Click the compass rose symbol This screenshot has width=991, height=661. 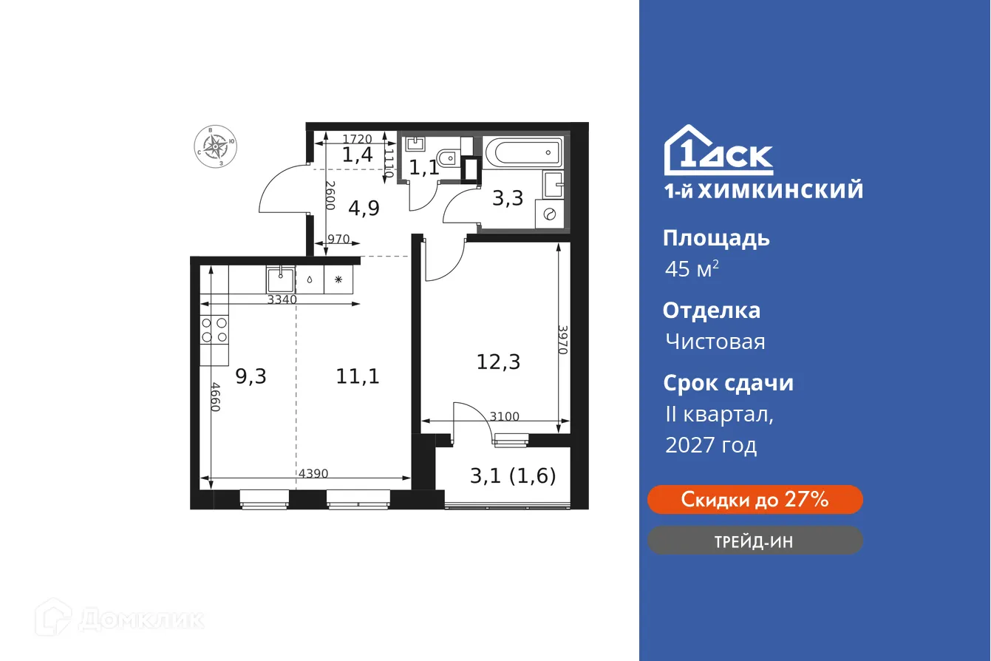click(x=216, y=146)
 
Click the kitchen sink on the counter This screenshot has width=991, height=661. click(x=281, y=279)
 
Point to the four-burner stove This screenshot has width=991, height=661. click(x=214, y=330)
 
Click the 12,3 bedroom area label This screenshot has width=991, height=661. click(x=499, y=362)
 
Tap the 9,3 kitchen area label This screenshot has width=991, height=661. click(x=251, y=376)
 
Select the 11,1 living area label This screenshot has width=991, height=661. click(x=358, y=376)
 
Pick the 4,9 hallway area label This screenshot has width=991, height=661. click(x=364, y=208)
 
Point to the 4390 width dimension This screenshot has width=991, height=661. click(x=313, y=472)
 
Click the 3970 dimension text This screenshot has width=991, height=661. click(x=563, y=340)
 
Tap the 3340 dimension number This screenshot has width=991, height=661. click(x=282, y=299)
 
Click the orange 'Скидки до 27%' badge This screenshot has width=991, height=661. click(x=755, y=500)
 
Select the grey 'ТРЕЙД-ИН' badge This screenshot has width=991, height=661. click(x=755, y=540)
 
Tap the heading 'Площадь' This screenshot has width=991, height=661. click(x=716, y=238)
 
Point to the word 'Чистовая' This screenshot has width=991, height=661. click(x=715, y=342)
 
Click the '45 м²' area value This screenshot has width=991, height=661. click(x=692, y=269)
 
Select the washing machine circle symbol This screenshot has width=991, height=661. click(x=549, y=214)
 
